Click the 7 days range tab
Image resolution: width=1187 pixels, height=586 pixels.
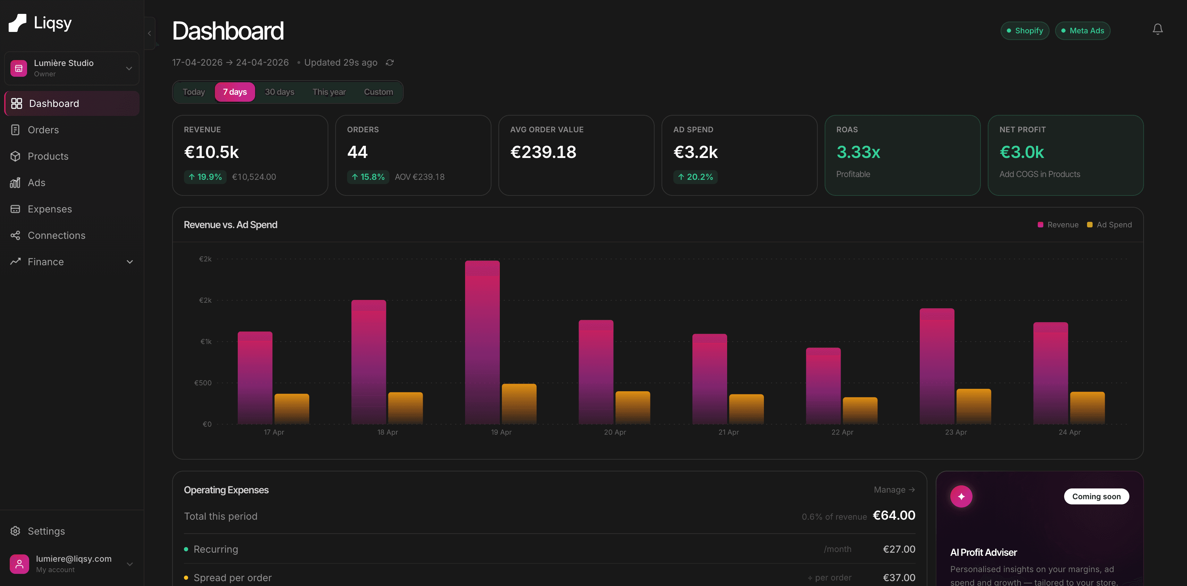[235, 92]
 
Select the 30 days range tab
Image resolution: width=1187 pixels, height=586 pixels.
[279, 92]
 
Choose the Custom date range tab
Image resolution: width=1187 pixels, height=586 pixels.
[378, 92]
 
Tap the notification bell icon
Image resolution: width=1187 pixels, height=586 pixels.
[1157, 30]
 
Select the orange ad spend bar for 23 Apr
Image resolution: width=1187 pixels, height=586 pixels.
[973, 406]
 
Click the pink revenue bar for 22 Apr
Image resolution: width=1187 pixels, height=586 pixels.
[823, 385]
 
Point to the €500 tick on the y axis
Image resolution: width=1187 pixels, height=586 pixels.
[203, 383]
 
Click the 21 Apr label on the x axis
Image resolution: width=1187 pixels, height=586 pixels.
[728, 432]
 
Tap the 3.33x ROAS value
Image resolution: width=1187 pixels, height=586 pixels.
[858, 152]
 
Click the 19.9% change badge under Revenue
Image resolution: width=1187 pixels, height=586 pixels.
[205, 177]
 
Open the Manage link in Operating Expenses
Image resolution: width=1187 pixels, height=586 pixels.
[893, 489]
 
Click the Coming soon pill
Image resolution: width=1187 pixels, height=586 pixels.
[1096, 496]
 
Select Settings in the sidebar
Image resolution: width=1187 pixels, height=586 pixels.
[46, 531]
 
